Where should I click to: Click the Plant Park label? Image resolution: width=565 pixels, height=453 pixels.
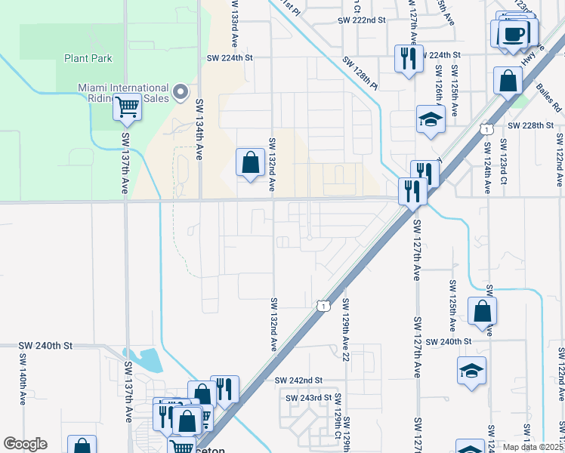pyautogui.click(x=88, y=57)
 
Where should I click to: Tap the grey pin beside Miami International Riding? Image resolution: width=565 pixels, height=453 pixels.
pyautogui.click(x=181, y=92)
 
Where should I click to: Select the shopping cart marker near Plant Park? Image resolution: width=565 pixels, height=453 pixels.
pyautogui.click(x=127, y=107)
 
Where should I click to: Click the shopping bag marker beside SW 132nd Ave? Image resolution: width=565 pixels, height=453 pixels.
pyautogui.click(x=250, y=162)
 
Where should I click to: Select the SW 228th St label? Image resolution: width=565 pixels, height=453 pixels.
pyautogui.click(x=536, y=125)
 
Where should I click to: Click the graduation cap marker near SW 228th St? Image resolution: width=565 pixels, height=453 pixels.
pyautogui.click(x=431, y=119)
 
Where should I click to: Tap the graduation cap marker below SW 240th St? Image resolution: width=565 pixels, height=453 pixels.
pyautogui.click(x=471, y=371)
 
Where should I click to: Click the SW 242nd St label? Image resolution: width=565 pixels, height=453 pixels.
pyautogui.click(x=298, y=381)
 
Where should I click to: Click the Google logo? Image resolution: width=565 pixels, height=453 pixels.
pyautogui.click(x=25, y=444)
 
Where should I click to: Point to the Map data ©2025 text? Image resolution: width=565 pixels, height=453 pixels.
pyautogui.click(x=532, y=447)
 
